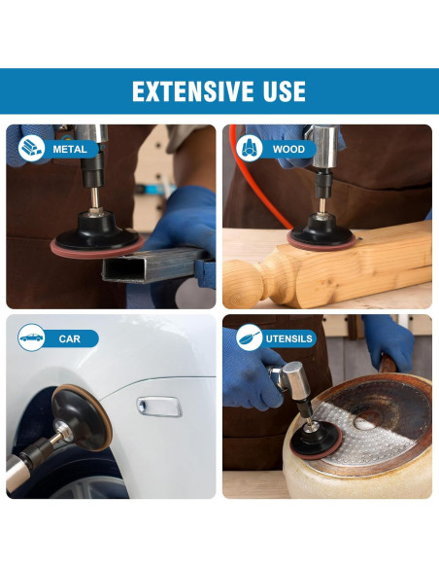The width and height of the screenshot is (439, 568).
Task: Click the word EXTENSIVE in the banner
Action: click(192, 91)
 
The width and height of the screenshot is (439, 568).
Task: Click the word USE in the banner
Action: click(285, 91)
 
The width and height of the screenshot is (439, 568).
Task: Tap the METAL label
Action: click(70, 149)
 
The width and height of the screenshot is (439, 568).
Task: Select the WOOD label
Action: click(288, 149)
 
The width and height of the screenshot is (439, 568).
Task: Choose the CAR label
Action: click(69, 339)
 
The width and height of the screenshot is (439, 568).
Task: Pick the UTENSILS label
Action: click(288, 339)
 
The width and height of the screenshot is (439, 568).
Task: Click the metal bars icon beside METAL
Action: click(31, 148)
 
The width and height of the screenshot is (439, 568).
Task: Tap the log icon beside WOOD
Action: click(250, 148)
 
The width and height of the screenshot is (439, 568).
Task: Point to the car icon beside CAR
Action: click(31, 337)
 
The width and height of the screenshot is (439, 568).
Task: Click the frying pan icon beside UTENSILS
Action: click(250, 337)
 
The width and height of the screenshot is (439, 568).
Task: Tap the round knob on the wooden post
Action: click(242, 284)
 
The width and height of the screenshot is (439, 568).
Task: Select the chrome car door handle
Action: click(159, 407)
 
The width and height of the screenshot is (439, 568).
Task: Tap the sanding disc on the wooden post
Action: click(321, 240)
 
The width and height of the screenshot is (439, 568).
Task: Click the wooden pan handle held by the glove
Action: click(388, 364)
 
